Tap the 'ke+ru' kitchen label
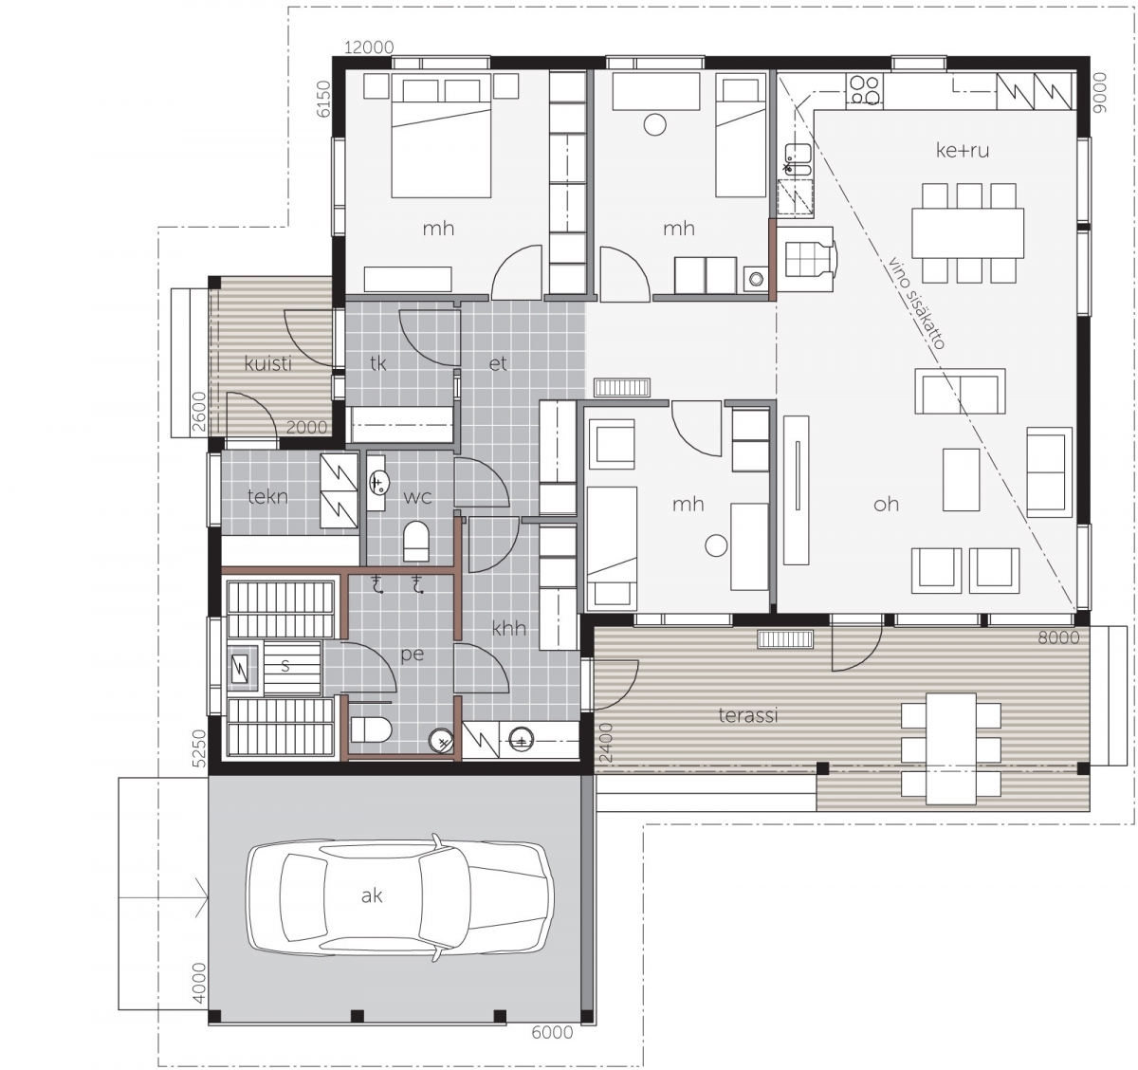tap(963, 150)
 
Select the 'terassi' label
tap(748, 715)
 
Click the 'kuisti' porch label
tap(267, 363)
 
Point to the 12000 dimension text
tap(369, 47)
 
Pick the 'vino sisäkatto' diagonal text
tap(916, 303)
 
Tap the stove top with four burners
tap(865, 91)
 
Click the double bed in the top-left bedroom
tap(441, 135)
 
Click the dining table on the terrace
tap(951, 748)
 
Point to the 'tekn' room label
tap(267, 496)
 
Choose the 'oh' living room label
tap(886, 504)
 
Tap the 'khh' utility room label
tap(509, 629)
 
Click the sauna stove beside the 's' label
tap(240, 668)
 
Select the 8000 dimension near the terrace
tap(1058, 637)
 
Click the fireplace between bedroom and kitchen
tap(808, 259)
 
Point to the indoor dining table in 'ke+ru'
tap(968, 232)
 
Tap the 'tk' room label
tap(377, 363)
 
